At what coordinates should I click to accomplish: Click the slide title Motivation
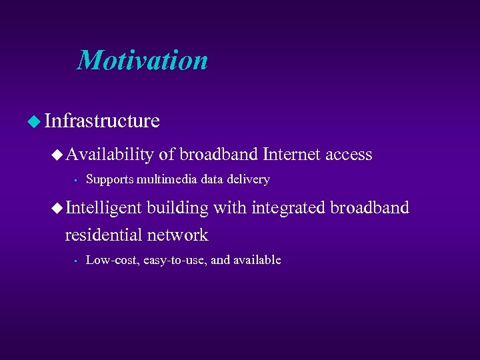(142, 61)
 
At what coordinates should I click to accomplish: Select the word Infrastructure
(102, 121)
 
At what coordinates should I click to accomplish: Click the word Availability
(109, 155)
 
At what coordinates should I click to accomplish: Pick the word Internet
(292, 155)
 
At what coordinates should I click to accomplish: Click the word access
(349, 155)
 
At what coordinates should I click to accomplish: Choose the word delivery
(247, 179)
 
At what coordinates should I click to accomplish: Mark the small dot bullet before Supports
(77, 179)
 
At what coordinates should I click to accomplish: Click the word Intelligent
(103, 208)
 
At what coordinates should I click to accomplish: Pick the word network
(178, 235)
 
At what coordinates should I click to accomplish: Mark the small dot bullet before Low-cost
(77, 260)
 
